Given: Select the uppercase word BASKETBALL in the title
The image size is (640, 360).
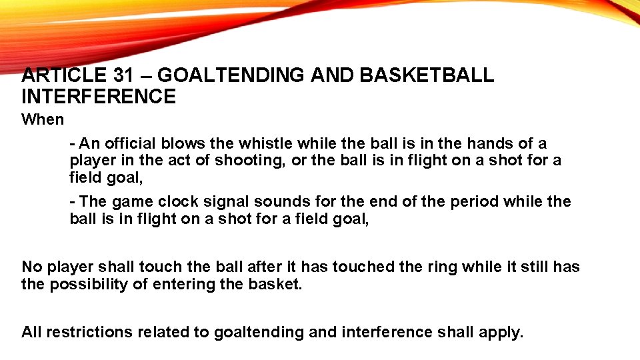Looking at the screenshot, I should click(x=427, y=75).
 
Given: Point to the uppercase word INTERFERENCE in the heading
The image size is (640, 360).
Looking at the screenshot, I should click(x=99, y=97).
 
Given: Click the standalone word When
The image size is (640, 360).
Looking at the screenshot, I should click(x=43, y=120).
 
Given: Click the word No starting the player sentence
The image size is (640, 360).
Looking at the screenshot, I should click(x=31, y=267).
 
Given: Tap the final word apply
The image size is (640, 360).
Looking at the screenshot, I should click(x=501, y=332).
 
